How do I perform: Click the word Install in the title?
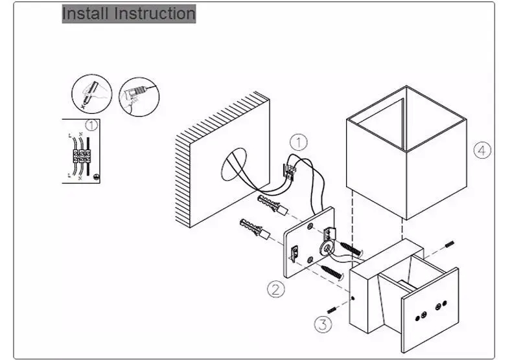pos(84,13)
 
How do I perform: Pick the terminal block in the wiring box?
pos(83,155)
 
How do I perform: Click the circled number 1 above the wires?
pos(297,142)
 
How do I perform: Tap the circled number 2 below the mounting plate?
pos(277,289)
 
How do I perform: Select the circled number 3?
pos(324,323)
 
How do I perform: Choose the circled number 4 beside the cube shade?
pos(481,150)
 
